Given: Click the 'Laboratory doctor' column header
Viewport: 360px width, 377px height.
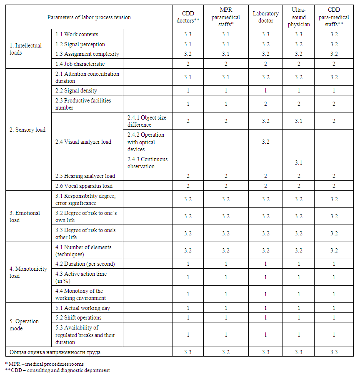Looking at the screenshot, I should tap(266, 17).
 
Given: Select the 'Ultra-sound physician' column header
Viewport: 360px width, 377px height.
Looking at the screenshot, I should tap(299, 17).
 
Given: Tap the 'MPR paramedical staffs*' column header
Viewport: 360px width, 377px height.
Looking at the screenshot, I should tap(226, 17).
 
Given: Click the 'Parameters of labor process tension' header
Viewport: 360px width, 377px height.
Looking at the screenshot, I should tap(89, 17).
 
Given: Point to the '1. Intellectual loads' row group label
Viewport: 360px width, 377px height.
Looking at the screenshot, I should tap(26, 49).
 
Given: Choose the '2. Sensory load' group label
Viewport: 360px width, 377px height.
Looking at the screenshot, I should tap(27, 130).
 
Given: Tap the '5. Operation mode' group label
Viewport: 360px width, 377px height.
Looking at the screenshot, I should tap(24, 325).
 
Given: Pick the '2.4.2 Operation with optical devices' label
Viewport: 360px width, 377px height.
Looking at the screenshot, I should tap(146, 142).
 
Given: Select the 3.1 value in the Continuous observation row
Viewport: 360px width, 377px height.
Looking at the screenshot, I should tap(299, 163).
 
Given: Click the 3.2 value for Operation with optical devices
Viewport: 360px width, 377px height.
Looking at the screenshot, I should tap(266, 142).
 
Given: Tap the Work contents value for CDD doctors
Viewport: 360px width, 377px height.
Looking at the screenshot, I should tap(188, 35).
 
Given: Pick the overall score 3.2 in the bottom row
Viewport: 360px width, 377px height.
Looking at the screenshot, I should tap(226, 352).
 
